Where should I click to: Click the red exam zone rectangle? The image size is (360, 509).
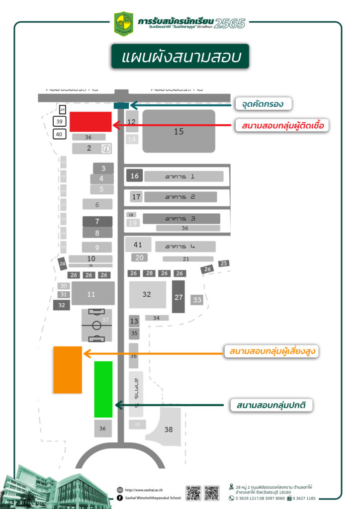pyautogui.click(x=90, y=122)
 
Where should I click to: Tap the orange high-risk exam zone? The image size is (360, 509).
pyautogui.click(x=68, y=370)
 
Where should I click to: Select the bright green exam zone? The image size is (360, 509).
pyautogui.click(x=103, y=389)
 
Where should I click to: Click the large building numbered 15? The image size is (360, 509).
pyautogui.click(x=179, y=131)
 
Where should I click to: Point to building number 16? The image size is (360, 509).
pyautogui.click(x=134, y=176)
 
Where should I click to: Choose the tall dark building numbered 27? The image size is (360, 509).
pyautogui.click(x=179, y=297)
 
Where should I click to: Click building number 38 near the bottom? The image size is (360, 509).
pyautogui.click(x=169, y=429)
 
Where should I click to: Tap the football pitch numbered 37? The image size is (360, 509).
pyautogui.click(x=96, y=326)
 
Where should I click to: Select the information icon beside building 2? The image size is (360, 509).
pyautogui.click(x=105, y=148)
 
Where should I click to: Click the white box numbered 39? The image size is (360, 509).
pyautogui.click(x=59, y=122)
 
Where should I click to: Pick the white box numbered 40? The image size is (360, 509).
pyautogui.click(x=59, y=134)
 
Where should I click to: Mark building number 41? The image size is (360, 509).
pyautogui.click(x=138, y=245)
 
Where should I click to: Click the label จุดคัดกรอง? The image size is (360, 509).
pyautogui.click(x=263, y=104)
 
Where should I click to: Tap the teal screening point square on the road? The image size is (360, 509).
pyautogui.click(x=121, y=105)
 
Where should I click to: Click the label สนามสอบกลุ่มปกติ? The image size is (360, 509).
pyautogui.click(x=271, y=405)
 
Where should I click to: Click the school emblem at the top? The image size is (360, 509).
pyautogui.click(x=123, y=23)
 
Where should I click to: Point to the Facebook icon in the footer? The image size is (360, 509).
pyautogui.click(x=120, y=498)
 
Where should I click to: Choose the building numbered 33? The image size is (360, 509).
pyautogui.click(x=197, y=300)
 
